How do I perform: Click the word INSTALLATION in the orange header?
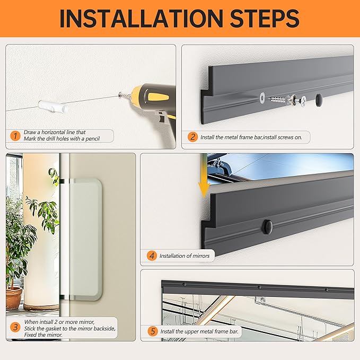(141, 19)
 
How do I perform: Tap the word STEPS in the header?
(265, 19)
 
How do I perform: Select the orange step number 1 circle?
(15, 136)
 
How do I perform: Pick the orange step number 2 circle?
(192, 137)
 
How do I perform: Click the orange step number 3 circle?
(15, 327)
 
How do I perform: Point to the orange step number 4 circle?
(152, 256)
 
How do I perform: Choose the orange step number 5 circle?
(153, 331)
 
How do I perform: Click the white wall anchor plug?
(53, 107)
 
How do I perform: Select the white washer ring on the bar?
(262, 98)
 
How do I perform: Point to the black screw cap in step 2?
(319, 98)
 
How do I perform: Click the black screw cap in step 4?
(267, 227)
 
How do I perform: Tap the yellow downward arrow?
(204, 179)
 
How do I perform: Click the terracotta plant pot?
(14, 298)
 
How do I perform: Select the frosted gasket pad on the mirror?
(85, 240)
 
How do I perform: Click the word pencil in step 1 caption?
(93, 139)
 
